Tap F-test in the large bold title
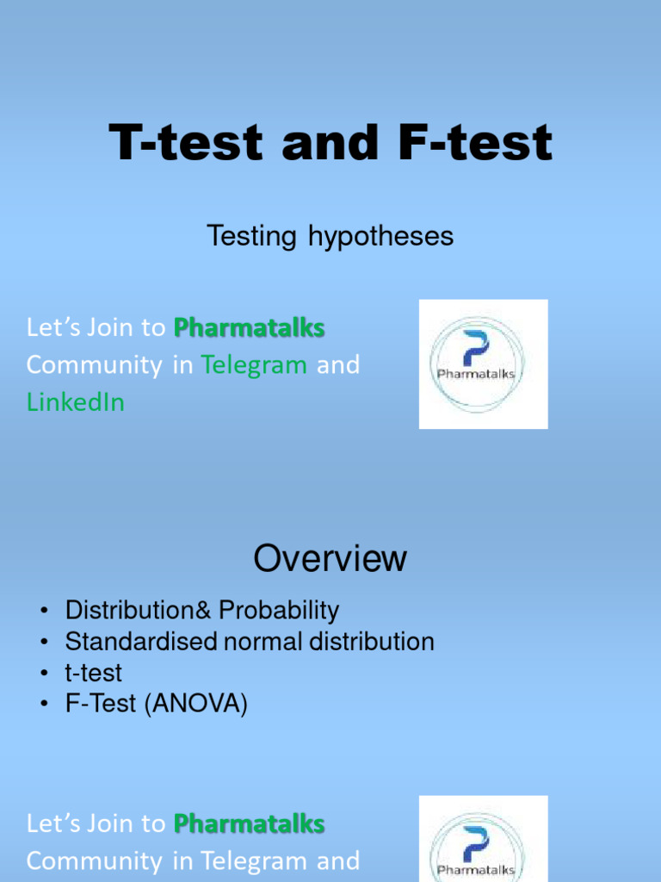click(474, 143)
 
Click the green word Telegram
click(254, 365)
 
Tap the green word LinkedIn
click(76, 402)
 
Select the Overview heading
click(330, 559)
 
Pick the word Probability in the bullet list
click(279, 611)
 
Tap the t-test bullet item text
click(94, 673)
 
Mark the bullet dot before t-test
click(42, 674)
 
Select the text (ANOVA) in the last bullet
click(195, 704)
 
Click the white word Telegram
click(254, 860)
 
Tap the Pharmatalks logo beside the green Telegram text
click(483, 363)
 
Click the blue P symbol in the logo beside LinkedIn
click(475, 348)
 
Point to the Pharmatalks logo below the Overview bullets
click(483, 840)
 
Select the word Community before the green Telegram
click(94, 365)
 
